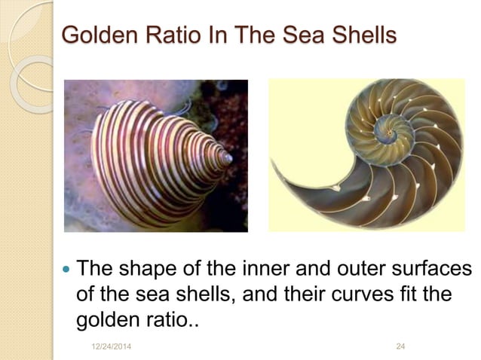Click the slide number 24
(400, 345)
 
